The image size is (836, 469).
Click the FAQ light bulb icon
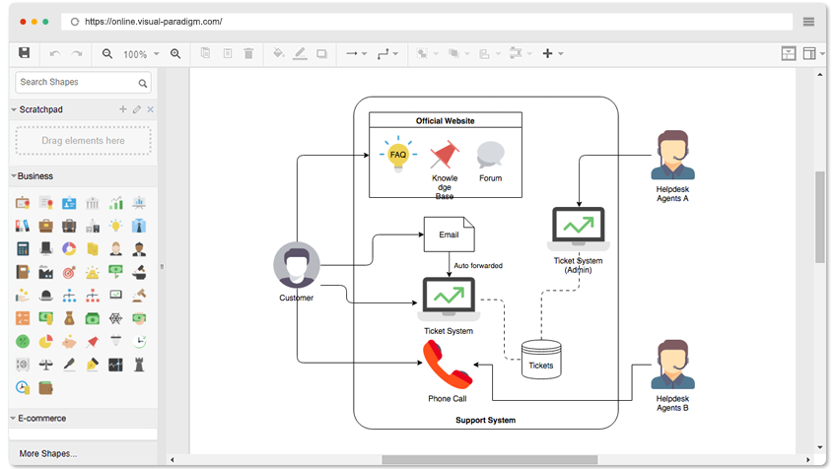[398, 156]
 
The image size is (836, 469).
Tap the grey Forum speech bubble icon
[490, 156]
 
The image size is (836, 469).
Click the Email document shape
[449, 234]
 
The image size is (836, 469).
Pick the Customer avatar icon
[297, 265]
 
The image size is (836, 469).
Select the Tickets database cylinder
[541, 359]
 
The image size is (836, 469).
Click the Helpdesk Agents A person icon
[672, 156]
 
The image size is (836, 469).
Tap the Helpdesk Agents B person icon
[672, 366]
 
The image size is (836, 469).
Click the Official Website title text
[445, 121]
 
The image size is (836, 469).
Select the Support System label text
[485, 420]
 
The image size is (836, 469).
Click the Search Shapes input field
[77, 83]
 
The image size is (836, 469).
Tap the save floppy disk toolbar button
[25, 53]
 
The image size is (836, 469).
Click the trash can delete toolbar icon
[248, 53]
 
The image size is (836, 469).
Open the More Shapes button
[48, 454]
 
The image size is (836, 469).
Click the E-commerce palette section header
[42, 418]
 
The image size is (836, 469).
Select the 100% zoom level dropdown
[139, 54]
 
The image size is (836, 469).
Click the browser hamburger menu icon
[808, 21]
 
